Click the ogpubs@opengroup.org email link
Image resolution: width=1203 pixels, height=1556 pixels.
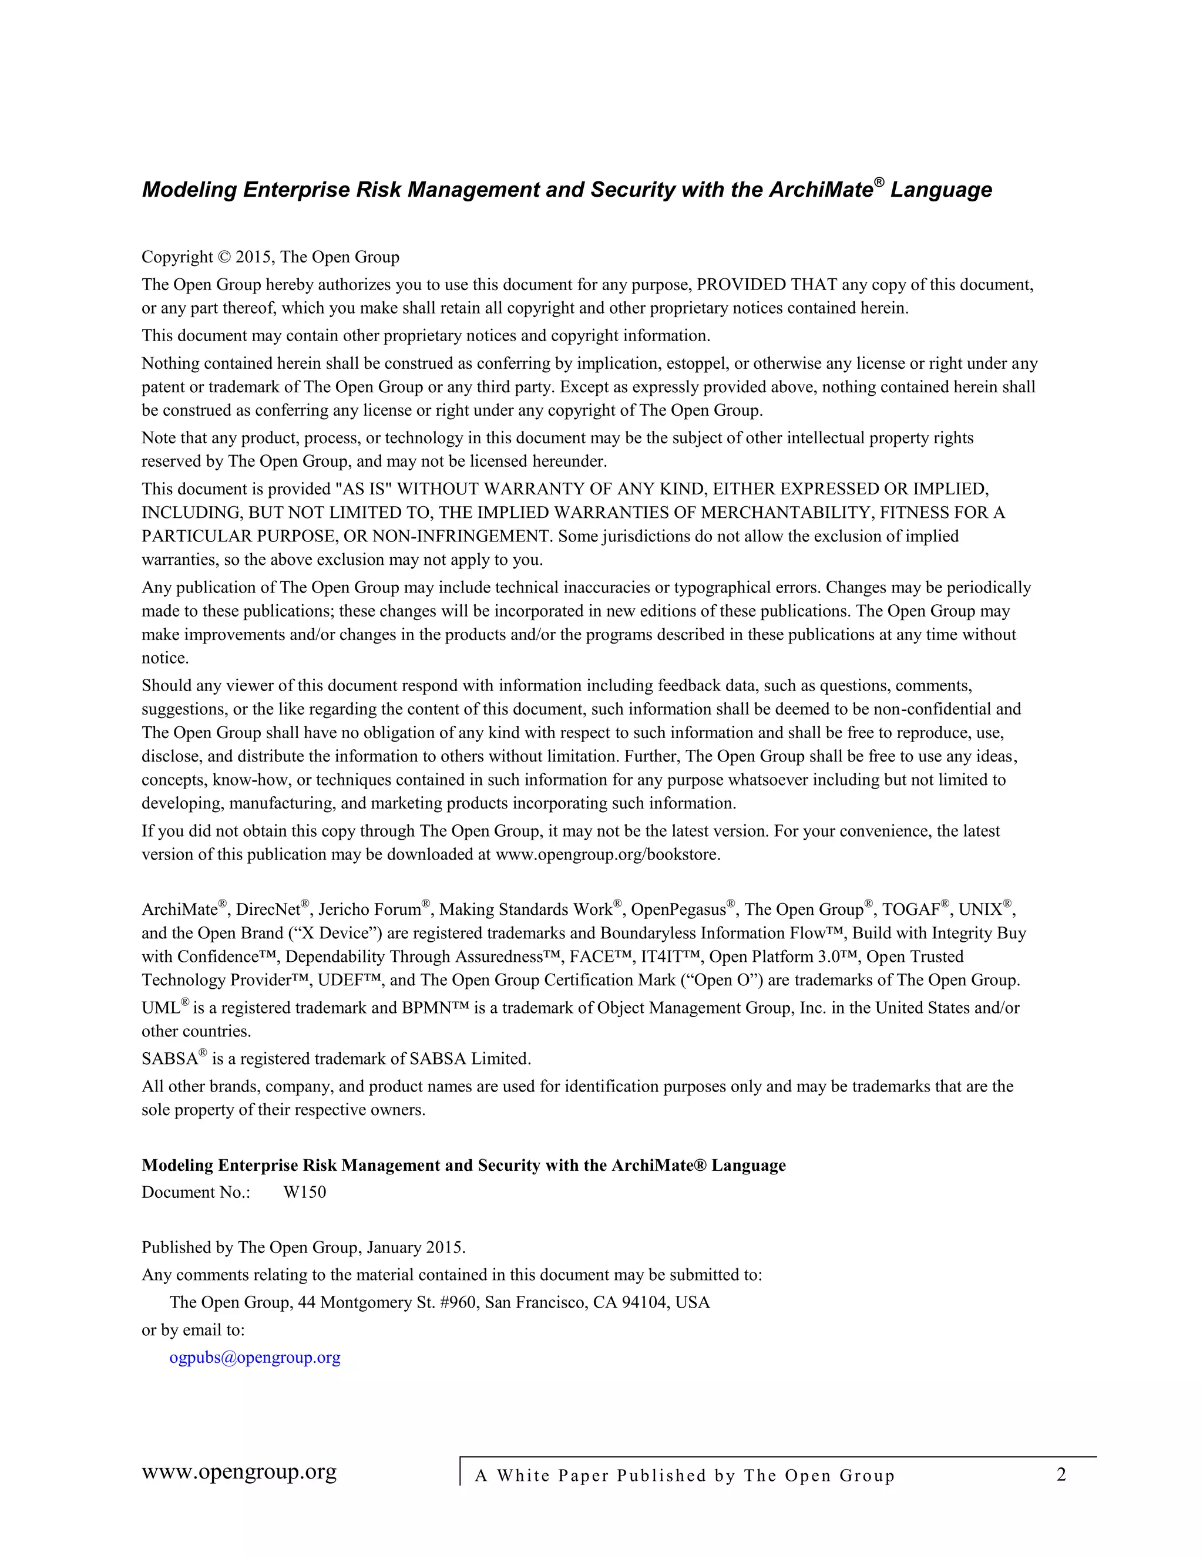254,1357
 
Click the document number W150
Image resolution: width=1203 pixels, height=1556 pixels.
304,1192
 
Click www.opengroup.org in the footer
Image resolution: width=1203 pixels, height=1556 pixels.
238,1472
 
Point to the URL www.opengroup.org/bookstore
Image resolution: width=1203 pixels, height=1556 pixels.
607,854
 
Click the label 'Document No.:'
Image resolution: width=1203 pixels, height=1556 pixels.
196,1192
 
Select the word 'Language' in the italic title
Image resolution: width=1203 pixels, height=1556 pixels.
941,190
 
